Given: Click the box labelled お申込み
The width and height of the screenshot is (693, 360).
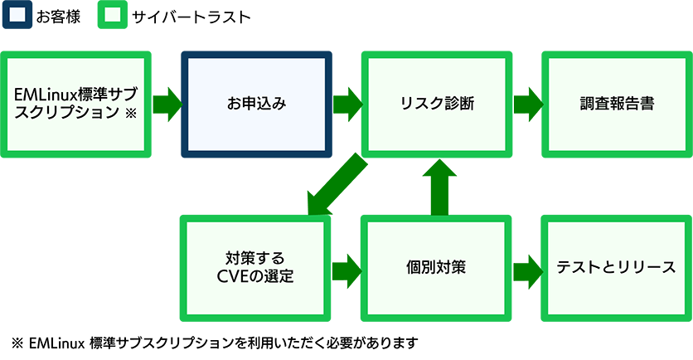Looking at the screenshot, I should click(256, 104).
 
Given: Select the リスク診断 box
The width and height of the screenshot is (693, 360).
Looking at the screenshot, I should click(436, 104).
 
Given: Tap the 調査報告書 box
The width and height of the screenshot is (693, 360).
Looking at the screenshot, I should click(617, 104).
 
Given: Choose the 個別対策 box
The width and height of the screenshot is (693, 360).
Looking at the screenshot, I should click(436, 267).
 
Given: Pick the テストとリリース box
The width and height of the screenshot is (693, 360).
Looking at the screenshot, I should click(617, 267).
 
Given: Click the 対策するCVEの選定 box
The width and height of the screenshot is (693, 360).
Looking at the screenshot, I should click(256, 267).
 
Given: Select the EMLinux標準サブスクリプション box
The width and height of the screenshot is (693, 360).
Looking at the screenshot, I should click(75, 104).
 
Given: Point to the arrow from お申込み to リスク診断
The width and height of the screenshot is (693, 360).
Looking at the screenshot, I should click(347, 105).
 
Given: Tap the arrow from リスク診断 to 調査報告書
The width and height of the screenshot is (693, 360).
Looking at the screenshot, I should click(527, 105).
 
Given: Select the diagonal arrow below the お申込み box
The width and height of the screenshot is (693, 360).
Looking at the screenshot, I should click(332, 182).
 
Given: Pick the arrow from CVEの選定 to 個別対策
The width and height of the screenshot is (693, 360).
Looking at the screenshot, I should click(347, 268).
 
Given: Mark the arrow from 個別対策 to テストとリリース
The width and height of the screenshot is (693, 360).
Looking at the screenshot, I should click(527, 268).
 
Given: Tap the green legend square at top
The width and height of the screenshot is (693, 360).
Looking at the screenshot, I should click(112, 16).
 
